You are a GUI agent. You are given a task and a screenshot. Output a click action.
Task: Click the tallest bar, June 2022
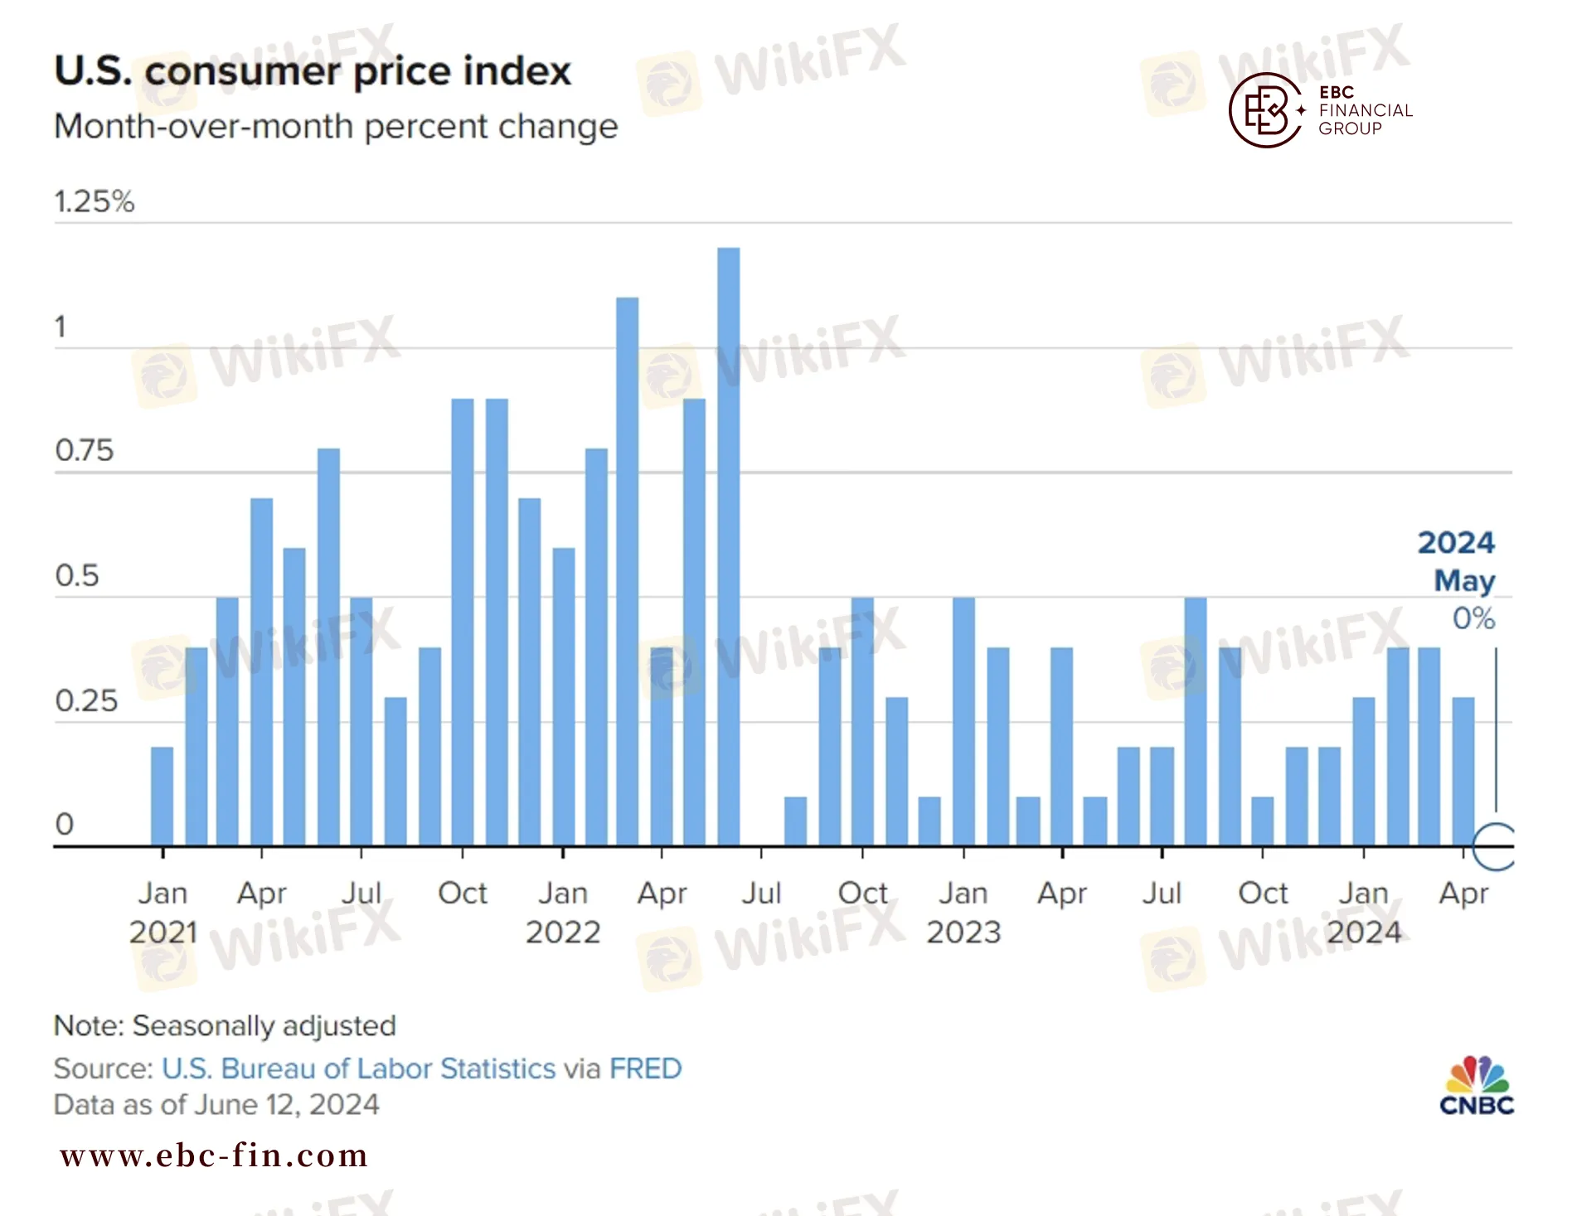pos(728,547)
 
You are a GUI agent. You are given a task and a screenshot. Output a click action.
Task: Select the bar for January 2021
pos(163,796)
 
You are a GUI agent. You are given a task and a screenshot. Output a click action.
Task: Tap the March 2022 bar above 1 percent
pos(628,572)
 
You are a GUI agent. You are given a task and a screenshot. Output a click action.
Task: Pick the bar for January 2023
pos(963,721)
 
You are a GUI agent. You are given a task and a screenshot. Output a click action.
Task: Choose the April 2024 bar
pos(1463,771)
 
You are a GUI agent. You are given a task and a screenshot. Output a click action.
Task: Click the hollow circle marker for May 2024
pos(1495,846)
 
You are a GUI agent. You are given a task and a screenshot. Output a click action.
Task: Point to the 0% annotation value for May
pos(1473,618)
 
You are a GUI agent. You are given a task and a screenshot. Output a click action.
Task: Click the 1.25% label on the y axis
pos(94,201)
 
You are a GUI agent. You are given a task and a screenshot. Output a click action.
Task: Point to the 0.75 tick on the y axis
pos(84,451)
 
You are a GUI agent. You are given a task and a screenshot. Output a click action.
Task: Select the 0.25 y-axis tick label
pos(86,701)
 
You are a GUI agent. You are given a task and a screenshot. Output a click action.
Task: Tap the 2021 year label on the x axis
pos(163,933)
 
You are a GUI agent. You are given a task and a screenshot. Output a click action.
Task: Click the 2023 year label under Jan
pos(963,933)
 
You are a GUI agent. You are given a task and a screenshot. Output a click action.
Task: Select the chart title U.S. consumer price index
pos(313,71)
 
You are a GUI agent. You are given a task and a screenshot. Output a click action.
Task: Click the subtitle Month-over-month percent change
pos(336,127)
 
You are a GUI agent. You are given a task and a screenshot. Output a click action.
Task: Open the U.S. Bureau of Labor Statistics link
pos(358,1068)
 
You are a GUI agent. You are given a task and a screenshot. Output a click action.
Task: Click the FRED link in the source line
pos(645,1068)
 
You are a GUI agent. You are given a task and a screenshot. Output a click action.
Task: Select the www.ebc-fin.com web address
pos(214,1155)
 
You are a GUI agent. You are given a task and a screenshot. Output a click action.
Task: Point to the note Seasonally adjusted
pos(225,1026)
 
